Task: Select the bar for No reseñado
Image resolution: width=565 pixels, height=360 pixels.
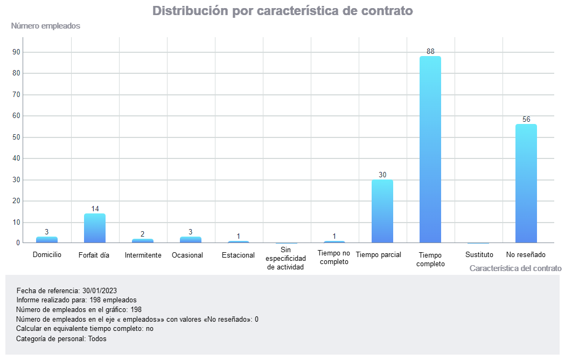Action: [x=526, y=184]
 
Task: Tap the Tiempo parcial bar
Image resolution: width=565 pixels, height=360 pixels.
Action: [x=382, y=211]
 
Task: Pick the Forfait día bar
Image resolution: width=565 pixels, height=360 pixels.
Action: [x=95, y=229]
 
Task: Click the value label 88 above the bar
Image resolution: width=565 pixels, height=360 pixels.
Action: [x=430, y=52]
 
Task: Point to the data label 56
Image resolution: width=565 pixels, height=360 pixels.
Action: [x=526, y=119]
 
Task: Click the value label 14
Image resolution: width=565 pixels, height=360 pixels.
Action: [x=95, y=209]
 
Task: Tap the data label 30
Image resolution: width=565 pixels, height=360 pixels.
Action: [x=382, y=175]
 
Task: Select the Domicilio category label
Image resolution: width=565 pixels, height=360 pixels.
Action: [x=47, y=254]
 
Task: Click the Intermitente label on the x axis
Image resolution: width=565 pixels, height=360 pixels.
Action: [x=143, y=255]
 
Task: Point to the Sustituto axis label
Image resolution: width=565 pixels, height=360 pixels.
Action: [x=479, y=254]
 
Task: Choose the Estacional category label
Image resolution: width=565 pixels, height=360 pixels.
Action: [x=238, y=255]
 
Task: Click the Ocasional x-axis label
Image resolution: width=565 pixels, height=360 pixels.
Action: [x=187, y=255]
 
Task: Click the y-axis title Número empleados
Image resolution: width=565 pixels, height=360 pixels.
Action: [x=46, y=26]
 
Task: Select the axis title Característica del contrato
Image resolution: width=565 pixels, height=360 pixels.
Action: [x=515, y=268]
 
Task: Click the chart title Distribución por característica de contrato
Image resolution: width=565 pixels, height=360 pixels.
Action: [x=283, y=11]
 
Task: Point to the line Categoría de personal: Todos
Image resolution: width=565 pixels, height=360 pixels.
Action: [x=61, y=339]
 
